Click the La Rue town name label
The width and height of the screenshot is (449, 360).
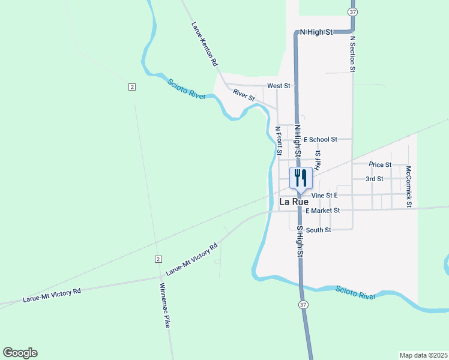pos(294,202)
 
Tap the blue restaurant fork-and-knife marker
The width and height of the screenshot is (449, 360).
pos(301,178)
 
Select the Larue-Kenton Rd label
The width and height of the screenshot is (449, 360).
pos(204,44)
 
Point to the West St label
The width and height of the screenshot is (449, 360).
pos(279,86)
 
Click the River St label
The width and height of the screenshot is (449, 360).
pos(244,95)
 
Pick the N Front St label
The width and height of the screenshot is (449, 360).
pos(279,137)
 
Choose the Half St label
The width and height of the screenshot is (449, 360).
pos(318,160)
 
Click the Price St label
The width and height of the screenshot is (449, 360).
pos(380,164)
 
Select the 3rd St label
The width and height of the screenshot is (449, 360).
pos(375,179)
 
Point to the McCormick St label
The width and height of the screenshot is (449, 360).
pos(408,187)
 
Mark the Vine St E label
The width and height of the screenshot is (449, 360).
pos(325,196)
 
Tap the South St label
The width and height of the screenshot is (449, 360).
pos(318,230)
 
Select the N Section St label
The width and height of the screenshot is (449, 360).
pos(353,54)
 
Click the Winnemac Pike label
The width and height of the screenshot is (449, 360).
pos(164,304)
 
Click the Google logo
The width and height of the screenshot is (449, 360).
pos(20,353)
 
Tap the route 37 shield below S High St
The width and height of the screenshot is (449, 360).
pos(303,305)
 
